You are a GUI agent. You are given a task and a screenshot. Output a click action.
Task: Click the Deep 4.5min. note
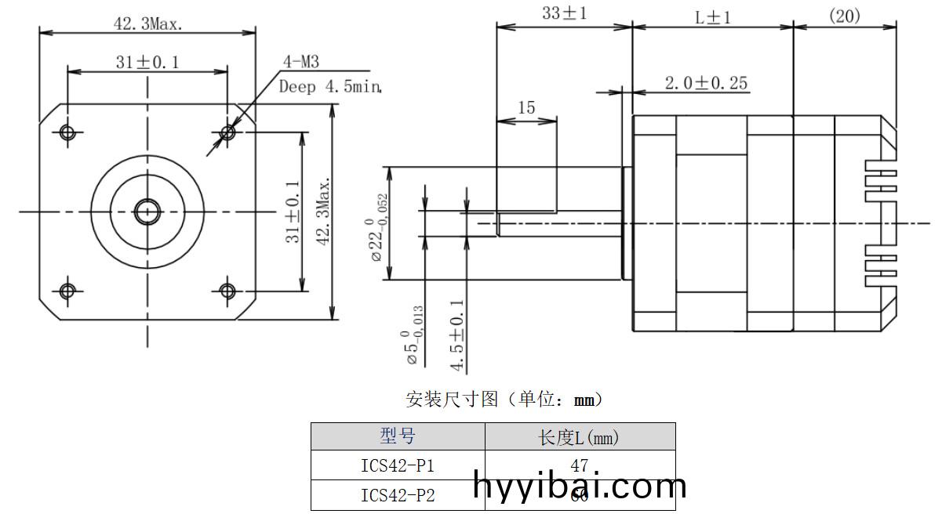330,86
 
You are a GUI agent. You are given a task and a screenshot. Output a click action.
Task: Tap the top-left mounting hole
67,132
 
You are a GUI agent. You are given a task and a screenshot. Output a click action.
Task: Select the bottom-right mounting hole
227,291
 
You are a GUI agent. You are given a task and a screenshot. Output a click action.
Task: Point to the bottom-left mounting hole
67,291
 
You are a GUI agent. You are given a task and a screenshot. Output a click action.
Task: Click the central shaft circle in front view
147,211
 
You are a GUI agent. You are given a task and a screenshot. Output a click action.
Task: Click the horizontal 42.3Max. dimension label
147,24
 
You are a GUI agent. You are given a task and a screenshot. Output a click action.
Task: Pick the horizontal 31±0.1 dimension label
147,63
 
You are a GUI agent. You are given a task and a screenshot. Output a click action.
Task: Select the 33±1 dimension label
564,13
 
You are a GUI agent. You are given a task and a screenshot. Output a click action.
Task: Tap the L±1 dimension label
713,16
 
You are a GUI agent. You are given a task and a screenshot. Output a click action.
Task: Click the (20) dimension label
844,16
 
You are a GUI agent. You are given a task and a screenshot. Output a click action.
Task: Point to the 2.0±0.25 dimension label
706,83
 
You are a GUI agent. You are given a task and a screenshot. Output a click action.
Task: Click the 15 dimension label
526,108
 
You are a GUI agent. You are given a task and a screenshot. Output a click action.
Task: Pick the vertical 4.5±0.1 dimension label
458,335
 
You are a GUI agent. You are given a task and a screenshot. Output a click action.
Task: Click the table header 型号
398,436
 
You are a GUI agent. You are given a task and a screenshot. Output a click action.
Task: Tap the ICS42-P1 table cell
398,466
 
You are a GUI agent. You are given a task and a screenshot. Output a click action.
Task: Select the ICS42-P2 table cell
398,495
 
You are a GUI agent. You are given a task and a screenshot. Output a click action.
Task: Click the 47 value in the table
580,465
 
